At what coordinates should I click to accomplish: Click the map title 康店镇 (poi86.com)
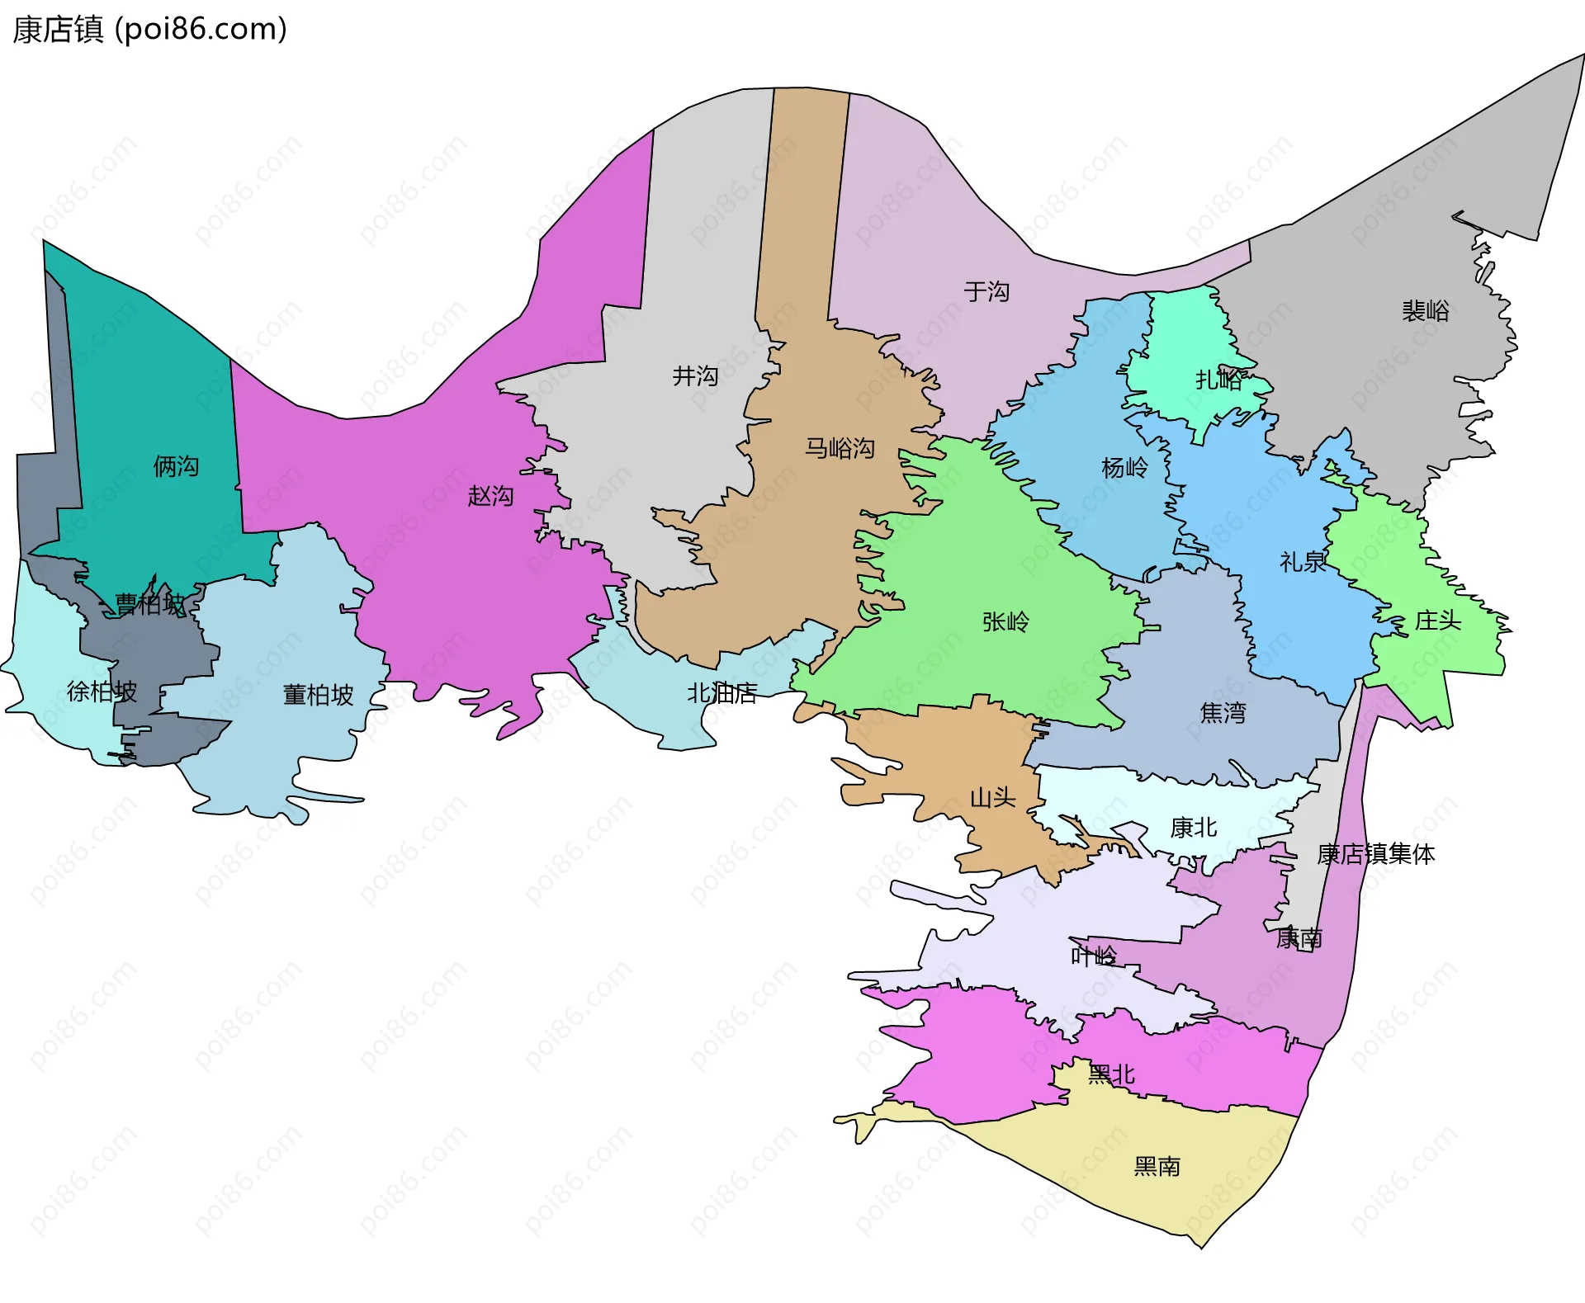point(149,30)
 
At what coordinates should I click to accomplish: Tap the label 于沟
point(986,291)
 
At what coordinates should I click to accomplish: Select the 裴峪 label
point(1426,311)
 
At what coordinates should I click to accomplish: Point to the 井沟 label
point(695,376)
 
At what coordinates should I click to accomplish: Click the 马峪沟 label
point(840,448)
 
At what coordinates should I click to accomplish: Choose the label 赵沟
point(490,496)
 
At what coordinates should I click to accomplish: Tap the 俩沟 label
point(176,466)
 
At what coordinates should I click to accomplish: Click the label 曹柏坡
point(150,604)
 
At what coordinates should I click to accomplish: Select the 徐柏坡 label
point(102,692)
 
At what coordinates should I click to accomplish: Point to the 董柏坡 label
point(318,695)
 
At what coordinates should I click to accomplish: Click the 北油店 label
point(722,693)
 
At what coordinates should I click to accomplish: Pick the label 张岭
point(1005,621)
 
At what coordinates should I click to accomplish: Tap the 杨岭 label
point(1124,468)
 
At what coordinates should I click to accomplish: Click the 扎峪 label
point(1218,380)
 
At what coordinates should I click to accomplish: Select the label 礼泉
point(1303,562)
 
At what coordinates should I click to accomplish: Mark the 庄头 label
point(1438,621)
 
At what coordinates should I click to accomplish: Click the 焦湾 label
point(1223,712)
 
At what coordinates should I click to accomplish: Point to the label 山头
point(992,797)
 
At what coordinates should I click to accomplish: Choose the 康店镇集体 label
point(1375,854)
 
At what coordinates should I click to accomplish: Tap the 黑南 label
point(1157,1166)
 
